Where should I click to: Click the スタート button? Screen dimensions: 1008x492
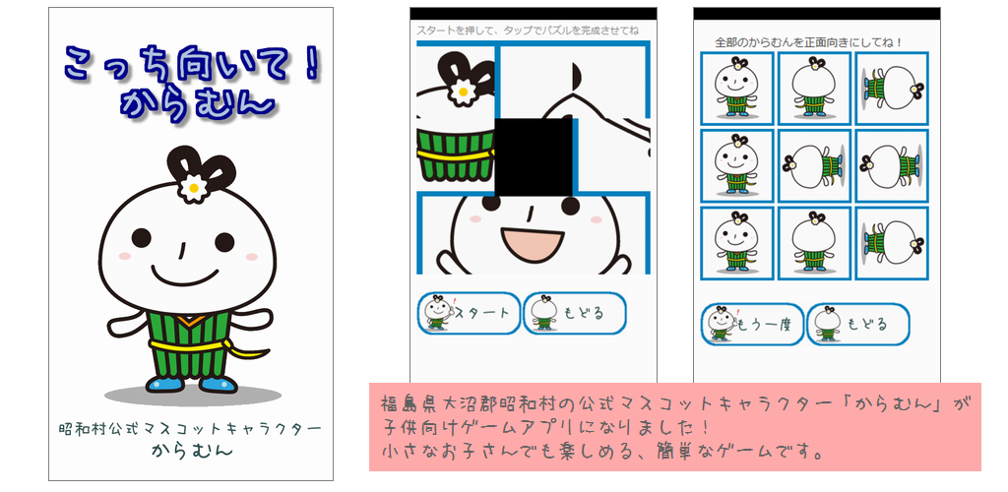pyautogui.click(x=469, y=314)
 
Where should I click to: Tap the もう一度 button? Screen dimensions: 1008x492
pyautogui.click(x=752, y=325)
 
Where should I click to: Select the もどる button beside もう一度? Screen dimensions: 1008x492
pyautogui.click(x=858, y=325)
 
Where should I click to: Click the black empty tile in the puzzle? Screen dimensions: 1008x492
pyautogui.click(x=534, y=157)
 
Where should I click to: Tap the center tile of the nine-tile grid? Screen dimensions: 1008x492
pyautogui.click(x=814, y=166)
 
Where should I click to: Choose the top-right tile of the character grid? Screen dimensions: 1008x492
pyautogui.click(x=892, y=89)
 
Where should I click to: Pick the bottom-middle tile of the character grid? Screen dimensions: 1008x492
pyautogui.click(x=814, y=243)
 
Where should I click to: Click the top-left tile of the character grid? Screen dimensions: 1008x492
pyautogui.click(x=736, y=89)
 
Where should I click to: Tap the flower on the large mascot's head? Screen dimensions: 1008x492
pyautogui.click(x=192, y=187)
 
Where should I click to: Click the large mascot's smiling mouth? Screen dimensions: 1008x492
pyautogui.click(x=185, y=276)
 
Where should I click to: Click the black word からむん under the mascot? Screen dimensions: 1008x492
pyautogui.click(x=192, y=451)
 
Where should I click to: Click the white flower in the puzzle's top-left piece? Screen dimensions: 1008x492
pyautogui.click(x=462, y=92)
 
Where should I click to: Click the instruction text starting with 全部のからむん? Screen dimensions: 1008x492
pyautogui.click(x=809, y=42)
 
